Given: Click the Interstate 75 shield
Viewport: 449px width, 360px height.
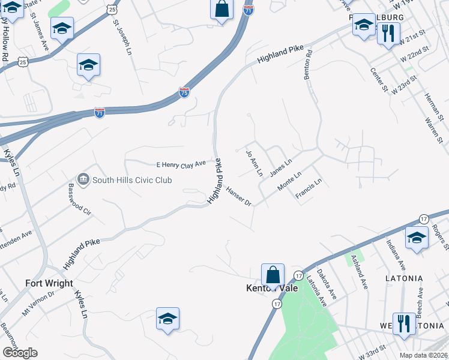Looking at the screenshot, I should point(184,92).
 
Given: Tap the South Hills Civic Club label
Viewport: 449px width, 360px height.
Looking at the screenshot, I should point(132,180).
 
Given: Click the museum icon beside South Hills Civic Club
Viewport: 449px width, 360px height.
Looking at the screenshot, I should point(83,179).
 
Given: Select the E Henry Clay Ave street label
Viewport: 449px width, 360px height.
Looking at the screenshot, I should point(181,164).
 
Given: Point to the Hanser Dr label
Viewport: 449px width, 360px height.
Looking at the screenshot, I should point(238,196).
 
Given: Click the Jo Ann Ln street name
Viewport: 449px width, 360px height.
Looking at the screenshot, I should point(255,163).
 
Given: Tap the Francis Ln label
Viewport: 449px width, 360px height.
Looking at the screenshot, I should point(309,191).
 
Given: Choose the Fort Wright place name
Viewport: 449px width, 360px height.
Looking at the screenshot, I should point(49,283).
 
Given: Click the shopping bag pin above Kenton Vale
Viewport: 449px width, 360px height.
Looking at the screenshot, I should point(273,275).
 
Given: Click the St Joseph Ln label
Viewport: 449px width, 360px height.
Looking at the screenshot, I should point(122,37).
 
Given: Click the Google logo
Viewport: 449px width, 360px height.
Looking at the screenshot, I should point(20,352).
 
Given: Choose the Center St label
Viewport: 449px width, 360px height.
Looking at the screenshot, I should point(379,80).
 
